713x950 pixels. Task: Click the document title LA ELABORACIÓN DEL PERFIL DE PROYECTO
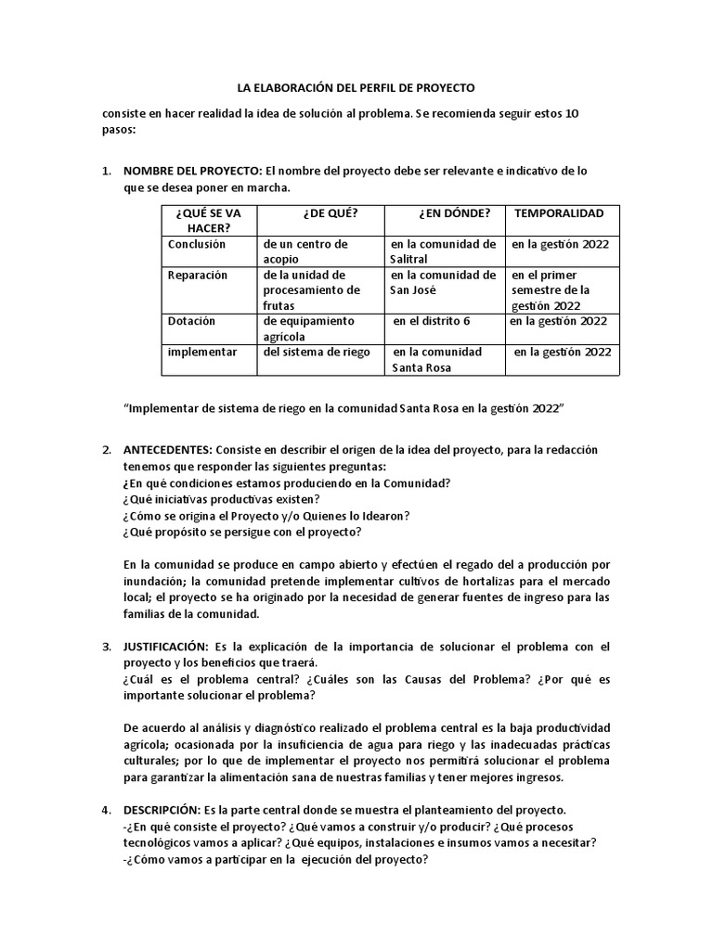coord(356,87)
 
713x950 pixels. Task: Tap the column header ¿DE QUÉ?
coord(330,212)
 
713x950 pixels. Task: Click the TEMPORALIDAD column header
coord(559,212)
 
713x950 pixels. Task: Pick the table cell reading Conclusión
coord(197,244)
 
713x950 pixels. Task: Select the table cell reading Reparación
coord(198,275)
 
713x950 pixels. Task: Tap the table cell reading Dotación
coord(191,321)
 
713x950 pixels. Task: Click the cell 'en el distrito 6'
coord(432,321)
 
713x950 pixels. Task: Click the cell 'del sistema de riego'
coord(317,352)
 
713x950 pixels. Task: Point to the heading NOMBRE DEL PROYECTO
coord(193,172)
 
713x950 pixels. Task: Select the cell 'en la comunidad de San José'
coord(443,282)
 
